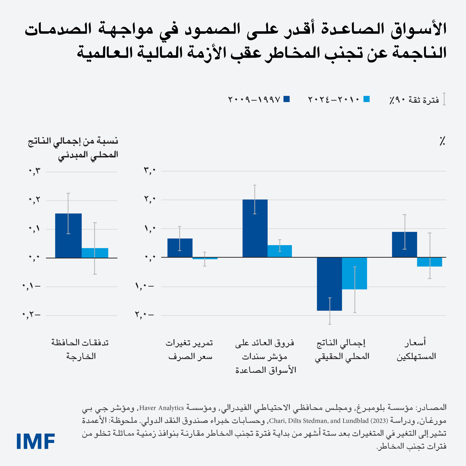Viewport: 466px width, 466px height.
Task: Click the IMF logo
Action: pos(36,441)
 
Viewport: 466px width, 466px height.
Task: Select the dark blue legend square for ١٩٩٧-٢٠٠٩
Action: pos(286,99)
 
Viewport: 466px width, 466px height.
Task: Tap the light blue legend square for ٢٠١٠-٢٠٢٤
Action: pos(366,99)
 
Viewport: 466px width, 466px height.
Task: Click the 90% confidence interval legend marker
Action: pos(444,99)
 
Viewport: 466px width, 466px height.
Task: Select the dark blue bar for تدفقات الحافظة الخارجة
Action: pos(68,236)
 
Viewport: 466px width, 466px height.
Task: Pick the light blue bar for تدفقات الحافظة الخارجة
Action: pos(95,253)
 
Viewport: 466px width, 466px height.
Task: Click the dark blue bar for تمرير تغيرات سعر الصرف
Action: pos(180,248)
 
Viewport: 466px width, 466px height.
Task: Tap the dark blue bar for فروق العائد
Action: pos(255,228)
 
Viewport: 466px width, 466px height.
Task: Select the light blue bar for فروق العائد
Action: pos(280,251)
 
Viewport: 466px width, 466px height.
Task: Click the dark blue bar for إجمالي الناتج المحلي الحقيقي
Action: pos(330,284)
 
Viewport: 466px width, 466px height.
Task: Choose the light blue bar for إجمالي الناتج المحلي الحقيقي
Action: pos(355,273)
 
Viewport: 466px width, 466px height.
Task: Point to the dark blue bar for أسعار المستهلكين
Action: pos(404,245)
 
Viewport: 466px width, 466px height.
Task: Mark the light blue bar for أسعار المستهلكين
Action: pos(430,262)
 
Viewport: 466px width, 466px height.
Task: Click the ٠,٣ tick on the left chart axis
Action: pos(34,172)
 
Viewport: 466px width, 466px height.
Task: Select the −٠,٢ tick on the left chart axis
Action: pos(31,315)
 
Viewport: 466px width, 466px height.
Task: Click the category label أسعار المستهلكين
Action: pos(416,349)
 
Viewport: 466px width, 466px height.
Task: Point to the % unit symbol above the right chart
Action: pos(442,141)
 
